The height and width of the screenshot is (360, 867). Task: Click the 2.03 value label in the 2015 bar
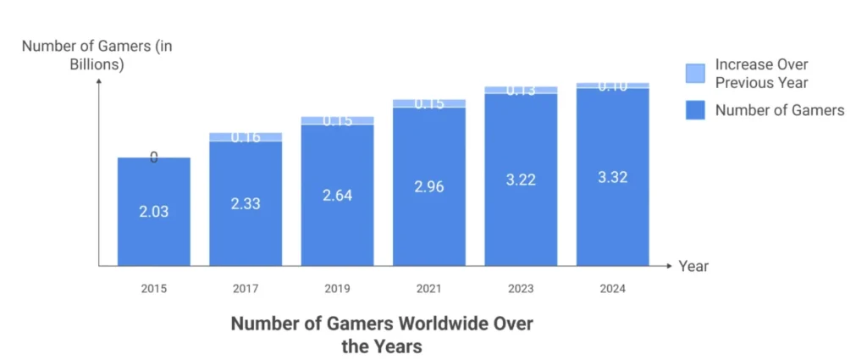[x=153, y=212]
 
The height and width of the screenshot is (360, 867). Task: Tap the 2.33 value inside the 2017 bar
[x=246, y=204]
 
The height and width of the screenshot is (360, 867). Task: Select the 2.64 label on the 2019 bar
[x=337, y=196]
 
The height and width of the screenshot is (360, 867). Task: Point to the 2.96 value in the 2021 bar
[x=428, y=187]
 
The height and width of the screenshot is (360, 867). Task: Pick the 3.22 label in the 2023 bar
[x=521, y=180]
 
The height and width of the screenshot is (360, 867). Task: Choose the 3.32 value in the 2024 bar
[x=612, y=177]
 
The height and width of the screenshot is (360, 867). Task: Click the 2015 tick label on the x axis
[x=153, y=290]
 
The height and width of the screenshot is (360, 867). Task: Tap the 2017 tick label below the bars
[x=246, y=290]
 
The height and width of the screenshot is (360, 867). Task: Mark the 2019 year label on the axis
[x=337, y=290]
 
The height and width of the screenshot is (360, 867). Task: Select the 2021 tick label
[x=428, y=290]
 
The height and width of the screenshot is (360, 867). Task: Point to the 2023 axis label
[x=521, y=290]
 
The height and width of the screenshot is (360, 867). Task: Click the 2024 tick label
[x=612, y=290]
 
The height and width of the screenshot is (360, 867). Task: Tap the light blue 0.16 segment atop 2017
[x=246, y=136]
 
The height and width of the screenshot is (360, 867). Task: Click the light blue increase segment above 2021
[x=428, y=103]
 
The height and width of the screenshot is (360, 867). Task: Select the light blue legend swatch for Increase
[x=695, y=74]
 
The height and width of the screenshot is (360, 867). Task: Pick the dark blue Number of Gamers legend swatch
[x=695, y=110]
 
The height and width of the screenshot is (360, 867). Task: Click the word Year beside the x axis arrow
[x=693, y=266]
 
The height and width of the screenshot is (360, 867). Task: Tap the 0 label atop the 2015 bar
[x=153, y=157]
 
